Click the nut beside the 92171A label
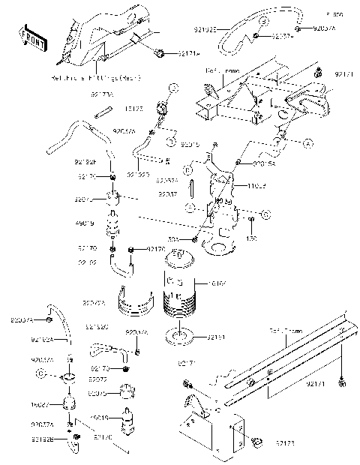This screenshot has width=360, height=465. (x=160, y=52)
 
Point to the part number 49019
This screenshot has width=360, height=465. (x=85, y=223)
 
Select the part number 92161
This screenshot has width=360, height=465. (x=217, y=338)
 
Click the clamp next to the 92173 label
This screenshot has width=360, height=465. (x=256, y=441)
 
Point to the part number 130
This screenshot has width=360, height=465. (x=252, y=238)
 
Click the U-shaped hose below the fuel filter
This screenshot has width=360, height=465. (x=120, y=262)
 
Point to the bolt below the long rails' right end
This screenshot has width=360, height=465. (x=342, y=383)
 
